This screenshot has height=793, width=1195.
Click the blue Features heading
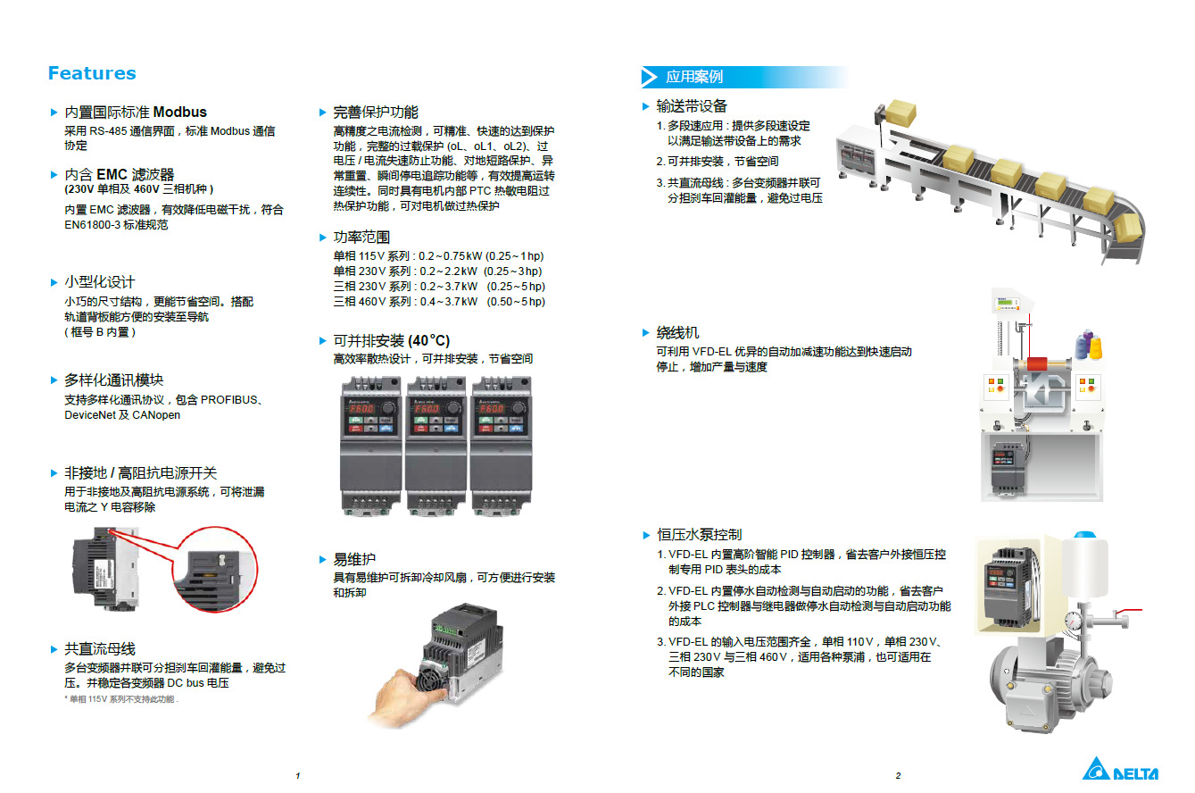(x=92, y=73)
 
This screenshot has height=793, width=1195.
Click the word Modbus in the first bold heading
(x=179, y=112)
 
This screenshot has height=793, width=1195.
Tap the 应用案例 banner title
(x=694, y=77)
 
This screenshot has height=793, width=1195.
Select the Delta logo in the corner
(x=1120, y=769)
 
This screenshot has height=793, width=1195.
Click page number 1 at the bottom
(x=298, y=775)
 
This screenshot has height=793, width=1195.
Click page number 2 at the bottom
(x=899, y=775)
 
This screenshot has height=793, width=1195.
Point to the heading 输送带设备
(x=692, y=106)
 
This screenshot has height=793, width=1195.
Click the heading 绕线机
(x=677, y=333)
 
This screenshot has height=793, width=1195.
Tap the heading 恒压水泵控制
(x=699, y=535)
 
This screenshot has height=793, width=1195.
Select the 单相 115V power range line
(x=438, y=256)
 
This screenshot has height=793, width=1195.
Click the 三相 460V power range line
(x=439, y=302)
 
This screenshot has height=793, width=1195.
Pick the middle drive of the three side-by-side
(x=436, y=446)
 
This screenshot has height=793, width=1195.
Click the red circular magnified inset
(x=215, y=569)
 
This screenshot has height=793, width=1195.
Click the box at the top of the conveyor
(x=900, y=113)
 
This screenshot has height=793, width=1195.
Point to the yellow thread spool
(x=1094, y=346)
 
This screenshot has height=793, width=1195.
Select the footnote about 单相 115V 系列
(x=121, y=699)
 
